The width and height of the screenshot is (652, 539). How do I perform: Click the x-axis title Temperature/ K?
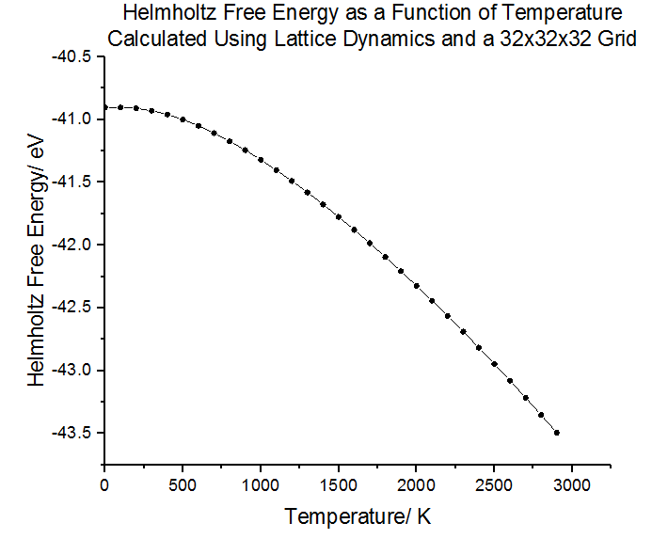point(358,516)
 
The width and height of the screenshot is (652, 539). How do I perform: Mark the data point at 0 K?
point(104,107)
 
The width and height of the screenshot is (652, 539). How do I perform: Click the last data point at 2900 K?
point(557,433)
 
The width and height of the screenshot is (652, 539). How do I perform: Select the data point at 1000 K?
point(261,160)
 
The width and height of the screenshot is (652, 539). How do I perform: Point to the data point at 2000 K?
point(417,285)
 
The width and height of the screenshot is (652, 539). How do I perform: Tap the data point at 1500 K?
point(339,216)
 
